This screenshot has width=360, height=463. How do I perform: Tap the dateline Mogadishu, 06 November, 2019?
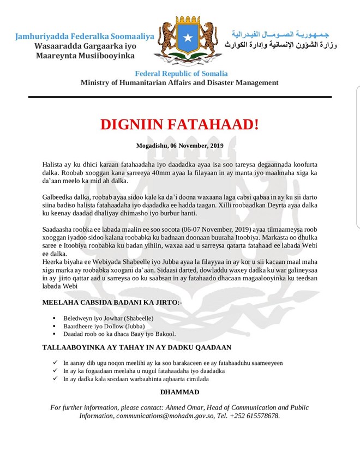[179, 145]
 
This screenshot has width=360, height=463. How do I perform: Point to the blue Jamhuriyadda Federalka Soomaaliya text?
[85, 37]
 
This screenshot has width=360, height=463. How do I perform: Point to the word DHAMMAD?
[179, 392]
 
